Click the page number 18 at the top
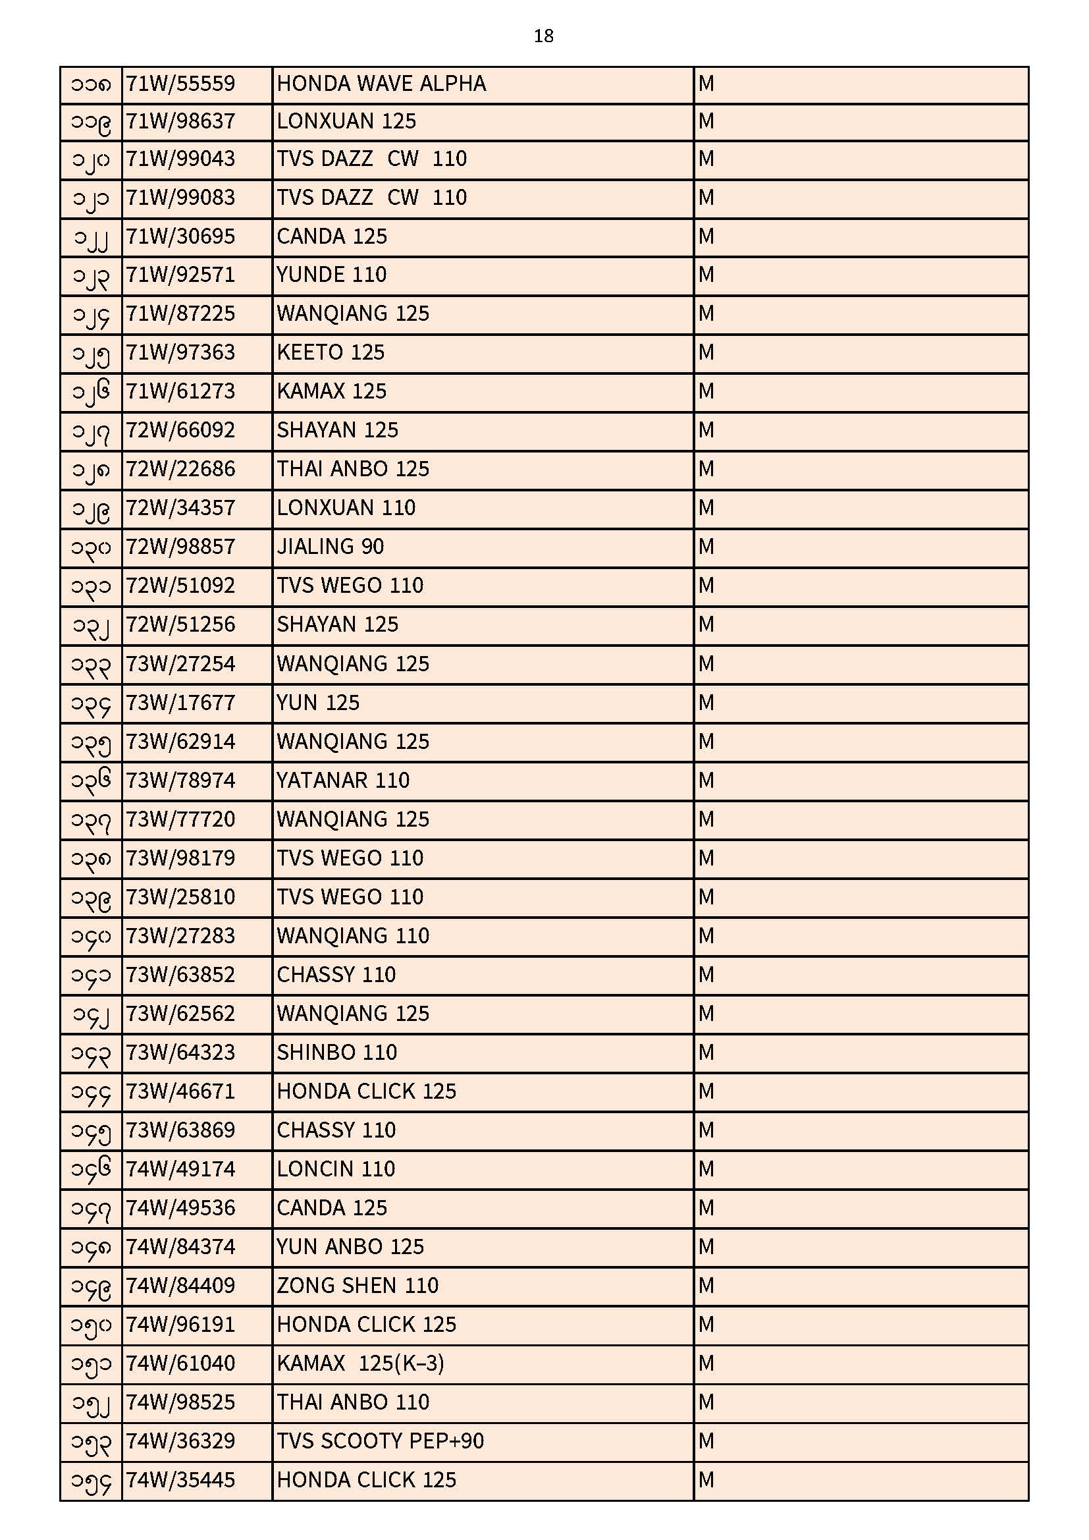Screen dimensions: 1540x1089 [543, 36]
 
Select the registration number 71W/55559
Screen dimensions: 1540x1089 [180, 84]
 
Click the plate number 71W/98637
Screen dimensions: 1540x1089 [180, 121]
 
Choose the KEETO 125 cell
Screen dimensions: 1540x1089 [331, 353]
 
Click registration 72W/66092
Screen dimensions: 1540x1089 [180, 430]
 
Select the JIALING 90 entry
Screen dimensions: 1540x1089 [330, 547]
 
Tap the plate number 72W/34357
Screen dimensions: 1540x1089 [180, 508]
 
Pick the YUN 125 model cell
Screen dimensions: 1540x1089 [318, 703]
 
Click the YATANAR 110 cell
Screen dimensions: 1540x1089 [342, 781]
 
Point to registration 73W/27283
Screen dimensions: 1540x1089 [180, 936]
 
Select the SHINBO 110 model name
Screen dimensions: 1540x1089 [336, 1053]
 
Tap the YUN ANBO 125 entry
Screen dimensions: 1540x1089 [350, 1247]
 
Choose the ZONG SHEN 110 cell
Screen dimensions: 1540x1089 [358, 1286]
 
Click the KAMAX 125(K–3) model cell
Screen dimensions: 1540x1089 [360, 1363]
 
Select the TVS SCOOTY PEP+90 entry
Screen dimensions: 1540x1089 [380, 1441]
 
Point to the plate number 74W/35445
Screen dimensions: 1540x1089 [180, 1480]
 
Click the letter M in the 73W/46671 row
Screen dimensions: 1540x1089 [706, 1091]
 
